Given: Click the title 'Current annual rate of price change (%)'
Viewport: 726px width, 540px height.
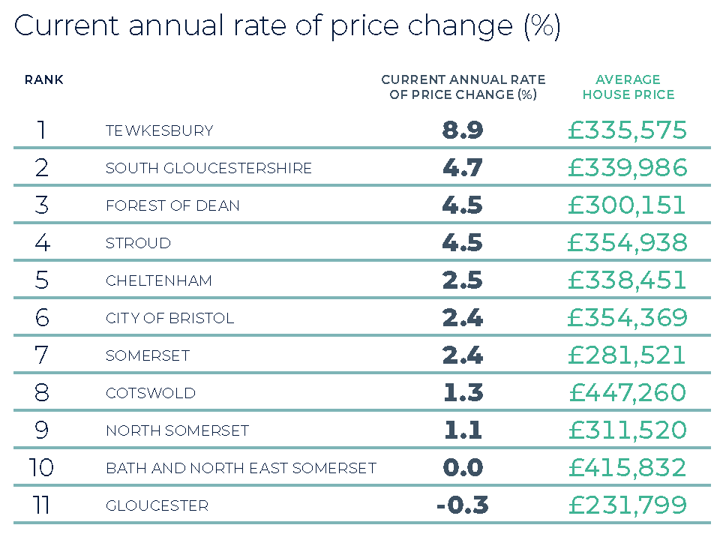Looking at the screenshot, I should pos(287,27).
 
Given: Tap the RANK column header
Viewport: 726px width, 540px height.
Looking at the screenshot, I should pos(44,79).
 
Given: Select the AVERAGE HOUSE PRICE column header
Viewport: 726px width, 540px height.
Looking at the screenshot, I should pos(628,87).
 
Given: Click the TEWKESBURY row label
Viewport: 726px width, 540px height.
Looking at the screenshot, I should pos(159,130).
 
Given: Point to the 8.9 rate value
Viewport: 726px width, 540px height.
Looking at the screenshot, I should pos(463,130).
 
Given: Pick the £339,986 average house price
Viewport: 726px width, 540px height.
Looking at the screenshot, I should pos(627,168).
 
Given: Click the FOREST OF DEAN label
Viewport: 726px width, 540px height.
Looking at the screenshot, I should pos(172,205).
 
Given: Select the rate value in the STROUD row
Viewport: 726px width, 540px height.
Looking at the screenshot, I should pos(463,243).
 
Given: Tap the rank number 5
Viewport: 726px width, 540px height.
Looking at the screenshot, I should pos(42,280).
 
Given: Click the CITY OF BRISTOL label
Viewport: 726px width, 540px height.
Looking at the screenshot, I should pos(169,318).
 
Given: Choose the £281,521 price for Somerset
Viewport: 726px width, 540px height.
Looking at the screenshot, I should pos(627,355).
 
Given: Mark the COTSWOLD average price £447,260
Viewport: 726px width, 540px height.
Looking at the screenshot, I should pos(627,393).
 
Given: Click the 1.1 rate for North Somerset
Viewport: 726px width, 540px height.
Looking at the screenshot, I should pos(463,430).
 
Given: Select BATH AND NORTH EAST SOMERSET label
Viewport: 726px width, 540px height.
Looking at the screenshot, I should pos(241,468).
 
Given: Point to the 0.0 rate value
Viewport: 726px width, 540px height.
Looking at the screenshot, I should pos(463,468).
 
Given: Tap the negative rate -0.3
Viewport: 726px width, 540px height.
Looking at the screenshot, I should pos(462,505).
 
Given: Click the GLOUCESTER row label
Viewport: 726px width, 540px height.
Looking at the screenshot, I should pos(157,505).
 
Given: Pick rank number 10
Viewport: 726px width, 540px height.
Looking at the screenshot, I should pos(42,468).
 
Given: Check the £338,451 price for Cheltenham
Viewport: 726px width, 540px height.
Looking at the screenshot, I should pos(627,280).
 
